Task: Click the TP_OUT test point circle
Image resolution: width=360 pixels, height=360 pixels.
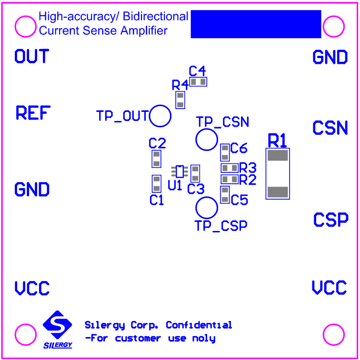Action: pyautogui.click(x=160, y=116)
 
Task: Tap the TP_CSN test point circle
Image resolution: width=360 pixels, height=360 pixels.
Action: pyautogui.click(x=207, y=140)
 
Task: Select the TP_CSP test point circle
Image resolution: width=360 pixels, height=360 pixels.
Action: pyautogui.click(x=207, y=207)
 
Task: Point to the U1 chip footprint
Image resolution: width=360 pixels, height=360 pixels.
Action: pyautogui.click(x=180, y=171)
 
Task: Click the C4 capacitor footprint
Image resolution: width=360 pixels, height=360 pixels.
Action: pyautogui.click(x=199, y=82)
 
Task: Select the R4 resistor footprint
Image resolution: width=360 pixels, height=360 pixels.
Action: pyautogui.click(x=180, y=100)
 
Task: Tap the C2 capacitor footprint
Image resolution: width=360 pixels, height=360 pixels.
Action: pyautogui.click(x=156, y=159)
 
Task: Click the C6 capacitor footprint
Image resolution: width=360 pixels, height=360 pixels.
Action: pyautogui.click(x=225, y=152)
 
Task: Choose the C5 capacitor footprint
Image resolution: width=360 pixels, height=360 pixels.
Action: pyautogui.click(x=225, y=194)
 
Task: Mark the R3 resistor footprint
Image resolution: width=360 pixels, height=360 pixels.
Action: pyautogui.click(x=230, y=168)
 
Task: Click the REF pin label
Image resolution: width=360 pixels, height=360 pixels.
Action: pyautogui.click(x=33, y=113)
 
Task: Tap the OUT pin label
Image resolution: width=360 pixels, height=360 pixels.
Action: pyautogui.click(x=31, y=57)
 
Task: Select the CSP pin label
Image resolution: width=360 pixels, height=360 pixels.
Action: pyautogui.click(x=331, y=220)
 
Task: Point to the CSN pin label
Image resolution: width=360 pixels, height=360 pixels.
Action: pyautogui.click(x=330, y=128)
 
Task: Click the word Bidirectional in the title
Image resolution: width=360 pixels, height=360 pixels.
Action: pyautogui.click(x=156, y=17)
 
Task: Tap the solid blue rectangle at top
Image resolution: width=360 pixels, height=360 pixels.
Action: pyautogui.click(x=256, y=24)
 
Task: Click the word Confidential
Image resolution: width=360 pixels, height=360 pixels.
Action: pyautogui.click(x=199, y=325)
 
